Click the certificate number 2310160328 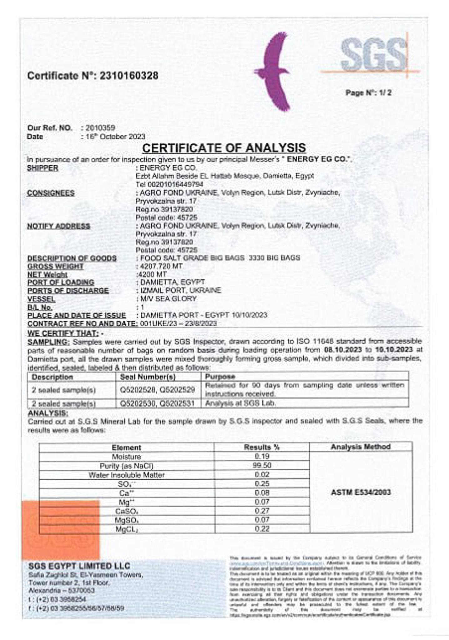coord(129,76)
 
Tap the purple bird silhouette coord(275,72)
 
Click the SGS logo coord(374,55)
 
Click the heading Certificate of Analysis coord(224,147)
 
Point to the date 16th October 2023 coord(115,137)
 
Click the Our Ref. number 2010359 coord(100,128)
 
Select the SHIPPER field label coord(43,168)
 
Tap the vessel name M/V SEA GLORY coord(168,299)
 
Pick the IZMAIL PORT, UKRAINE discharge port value coord(180,290)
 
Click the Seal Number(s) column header coord(148,377)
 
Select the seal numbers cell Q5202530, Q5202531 coord(157,403)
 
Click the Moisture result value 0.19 coord(262,456)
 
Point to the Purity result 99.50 coord(262,465)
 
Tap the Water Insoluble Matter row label coord(126,475)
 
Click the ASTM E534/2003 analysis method coord(361,492)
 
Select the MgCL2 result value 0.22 coord(262,528)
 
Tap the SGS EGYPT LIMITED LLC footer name coord(79,566)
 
